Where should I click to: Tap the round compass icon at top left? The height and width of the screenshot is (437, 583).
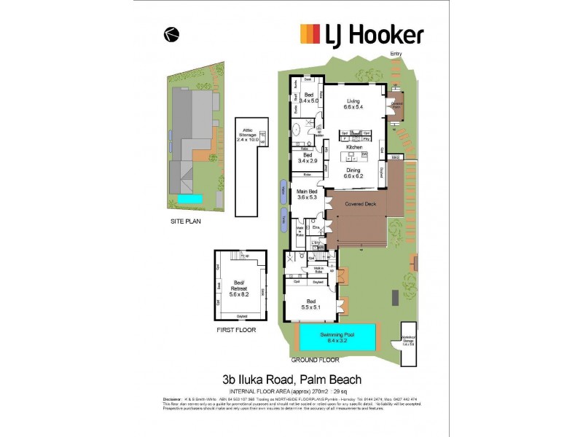pos(172,33)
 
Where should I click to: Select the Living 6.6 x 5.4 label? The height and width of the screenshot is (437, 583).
pos(353,104)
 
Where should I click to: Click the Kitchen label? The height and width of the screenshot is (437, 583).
pos(354,148)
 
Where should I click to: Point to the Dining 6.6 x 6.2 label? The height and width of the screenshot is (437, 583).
pos(353,173)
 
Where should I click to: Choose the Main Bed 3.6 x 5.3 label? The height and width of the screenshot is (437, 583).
pos(308,194)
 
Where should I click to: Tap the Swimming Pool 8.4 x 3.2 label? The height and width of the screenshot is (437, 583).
pos(337,336)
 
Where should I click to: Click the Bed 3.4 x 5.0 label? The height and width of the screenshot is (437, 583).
pos(309,98)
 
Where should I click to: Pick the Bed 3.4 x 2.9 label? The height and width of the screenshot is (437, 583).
pos(308,158)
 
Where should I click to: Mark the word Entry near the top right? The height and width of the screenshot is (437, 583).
pos(396,54)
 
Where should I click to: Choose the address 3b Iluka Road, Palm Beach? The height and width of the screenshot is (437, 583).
pos(291,379)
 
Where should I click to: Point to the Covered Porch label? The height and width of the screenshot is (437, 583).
pos(396,105)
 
